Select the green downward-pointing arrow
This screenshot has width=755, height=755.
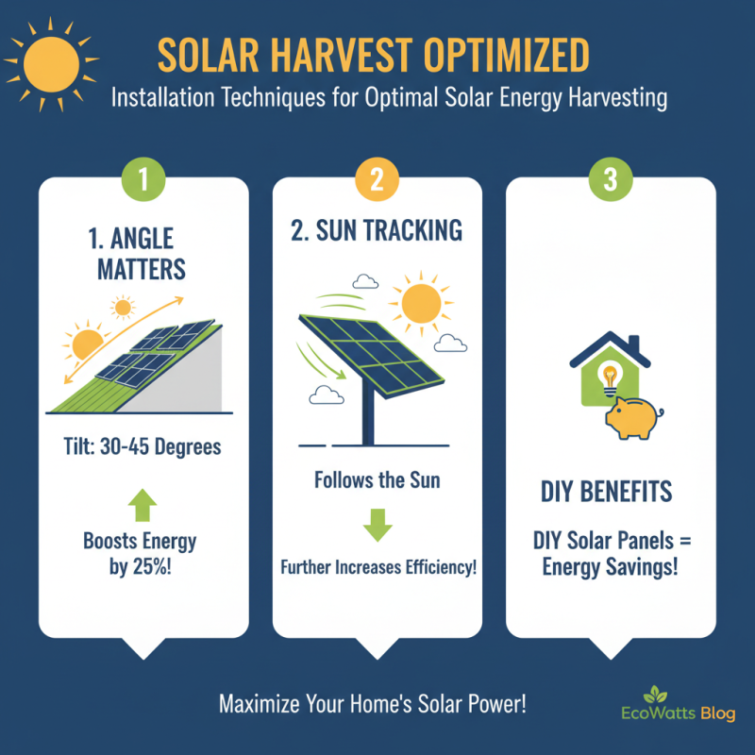377,523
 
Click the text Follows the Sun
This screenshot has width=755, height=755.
377,481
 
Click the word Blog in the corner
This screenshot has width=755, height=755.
718,714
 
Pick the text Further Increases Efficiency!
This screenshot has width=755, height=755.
377,569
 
